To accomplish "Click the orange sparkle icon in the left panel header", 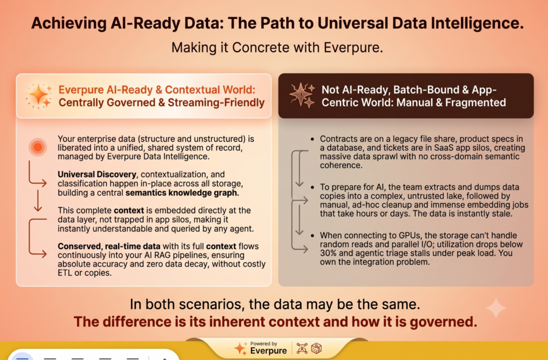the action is [x=39, y=96].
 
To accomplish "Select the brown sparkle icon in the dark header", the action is [x=302, y=95].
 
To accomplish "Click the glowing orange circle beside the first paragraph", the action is [x=38, y=147].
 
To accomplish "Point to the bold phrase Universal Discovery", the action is [x=97, y=174].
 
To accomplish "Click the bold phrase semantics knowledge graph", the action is [x=182, y=193].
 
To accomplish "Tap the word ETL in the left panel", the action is [x=65, y=273].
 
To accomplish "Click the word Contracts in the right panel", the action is [x=339, y=139].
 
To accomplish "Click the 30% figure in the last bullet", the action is [x=329, y=253].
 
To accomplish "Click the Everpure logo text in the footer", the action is [x=269, y=350].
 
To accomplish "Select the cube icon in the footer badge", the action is [x=316, y=348].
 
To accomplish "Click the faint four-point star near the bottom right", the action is [x=496, y=308].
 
